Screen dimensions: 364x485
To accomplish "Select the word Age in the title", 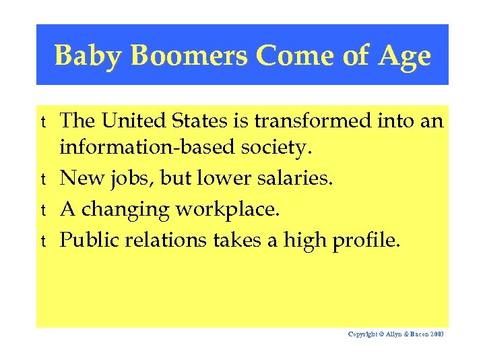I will (x=404, y=56).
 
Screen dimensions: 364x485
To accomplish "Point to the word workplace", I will (x=227, y=210).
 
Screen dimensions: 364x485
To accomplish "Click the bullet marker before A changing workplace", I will (x=43, y=210).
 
